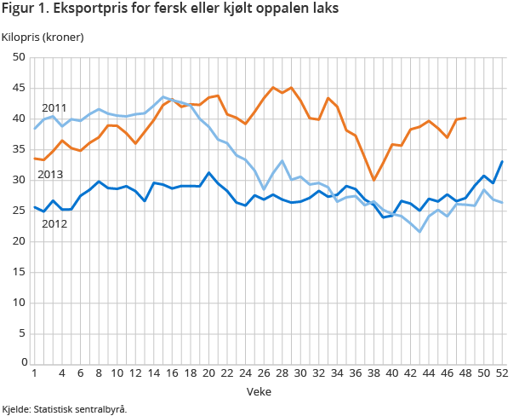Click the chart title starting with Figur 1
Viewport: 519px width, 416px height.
point(169,10)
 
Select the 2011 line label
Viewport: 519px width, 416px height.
point(54,108)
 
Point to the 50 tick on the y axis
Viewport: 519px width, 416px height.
point(20,58)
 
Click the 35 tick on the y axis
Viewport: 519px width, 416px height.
point(20,150)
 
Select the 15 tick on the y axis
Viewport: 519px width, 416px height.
point(20,272)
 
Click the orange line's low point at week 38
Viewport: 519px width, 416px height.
point(373,180)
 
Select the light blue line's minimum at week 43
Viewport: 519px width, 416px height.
point(419,232)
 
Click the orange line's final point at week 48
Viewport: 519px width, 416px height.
point(465,118)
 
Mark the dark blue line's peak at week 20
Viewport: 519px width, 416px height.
point(208,172)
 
